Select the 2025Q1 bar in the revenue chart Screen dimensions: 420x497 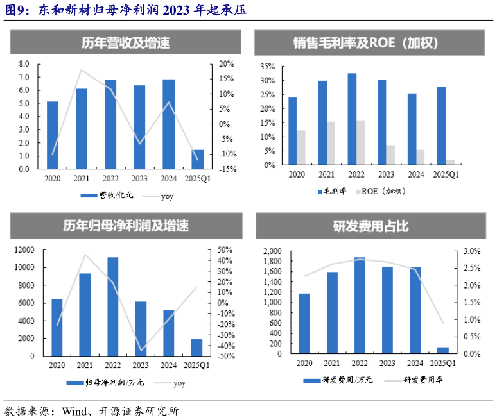198,160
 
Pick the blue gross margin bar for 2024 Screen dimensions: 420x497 412,129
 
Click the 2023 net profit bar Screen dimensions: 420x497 141,328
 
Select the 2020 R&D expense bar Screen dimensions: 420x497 304,324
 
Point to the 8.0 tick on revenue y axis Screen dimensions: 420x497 24,64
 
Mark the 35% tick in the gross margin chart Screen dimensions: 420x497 267,66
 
